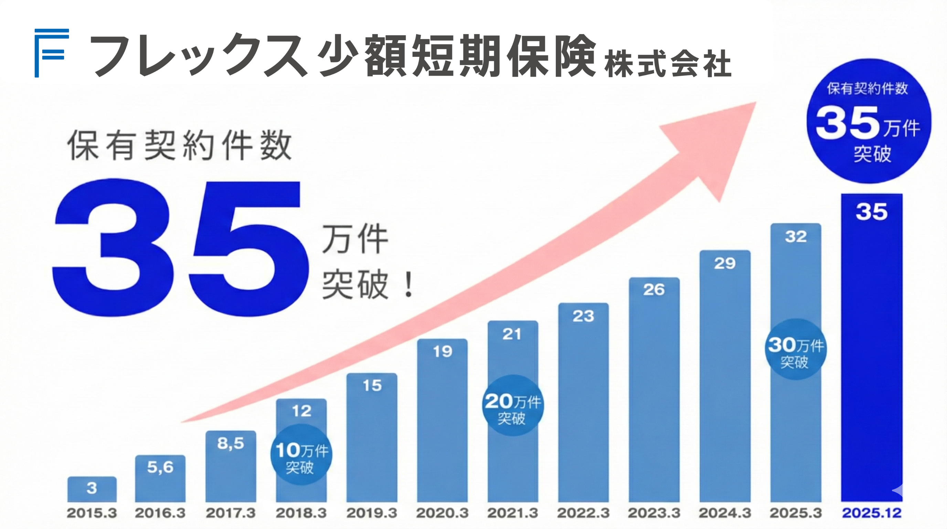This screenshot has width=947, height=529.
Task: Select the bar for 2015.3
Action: point(92,489)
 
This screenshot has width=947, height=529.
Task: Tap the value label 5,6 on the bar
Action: point(160,467)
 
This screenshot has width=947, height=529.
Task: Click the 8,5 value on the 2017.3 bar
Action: point(231,443)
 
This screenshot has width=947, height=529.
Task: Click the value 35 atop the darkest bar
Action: point(872,212)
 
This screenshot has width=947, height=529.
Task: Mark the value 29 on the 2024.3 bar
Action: point(725,263)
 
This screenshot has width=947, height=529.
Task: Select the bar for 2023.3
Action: point(654,390)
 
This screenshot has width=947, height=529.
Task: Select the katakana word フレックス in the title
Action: point(199,55)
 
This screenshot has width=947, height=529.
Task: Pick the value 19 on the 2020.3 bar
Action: point(442,352)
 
